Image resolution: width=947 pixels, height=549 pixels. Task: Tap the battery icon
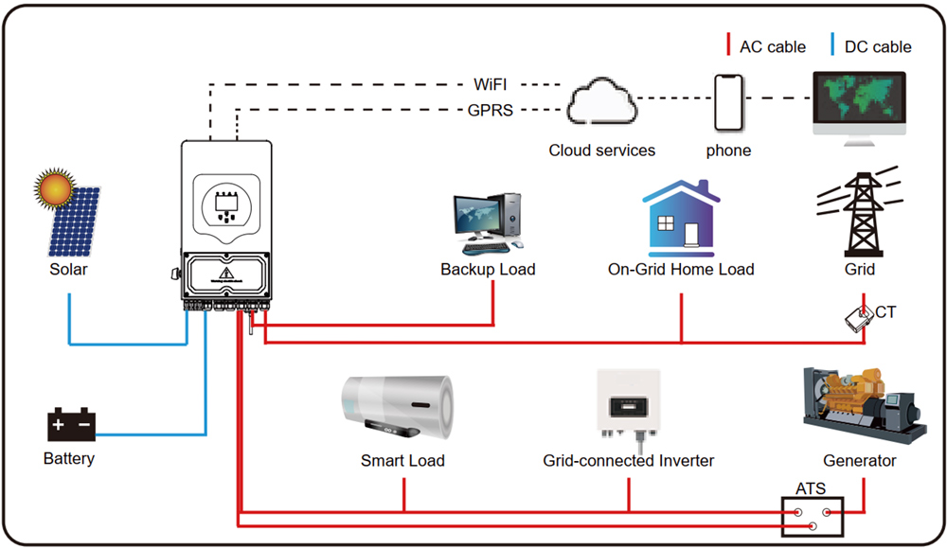pos(72,425)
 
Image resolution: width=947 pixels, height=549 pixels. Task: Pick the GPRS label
pos(491,111)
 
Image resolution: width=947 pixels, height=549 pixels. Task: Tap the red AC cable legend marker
pos(727,45)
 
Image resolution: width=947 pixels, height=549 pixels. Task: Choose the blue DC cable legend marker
pos(832,45)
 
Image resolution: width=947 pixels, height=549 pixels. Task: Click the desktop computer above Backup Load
pos(488,222)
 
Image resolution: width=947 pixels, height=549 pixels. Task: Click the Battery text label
pos(69,459)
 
